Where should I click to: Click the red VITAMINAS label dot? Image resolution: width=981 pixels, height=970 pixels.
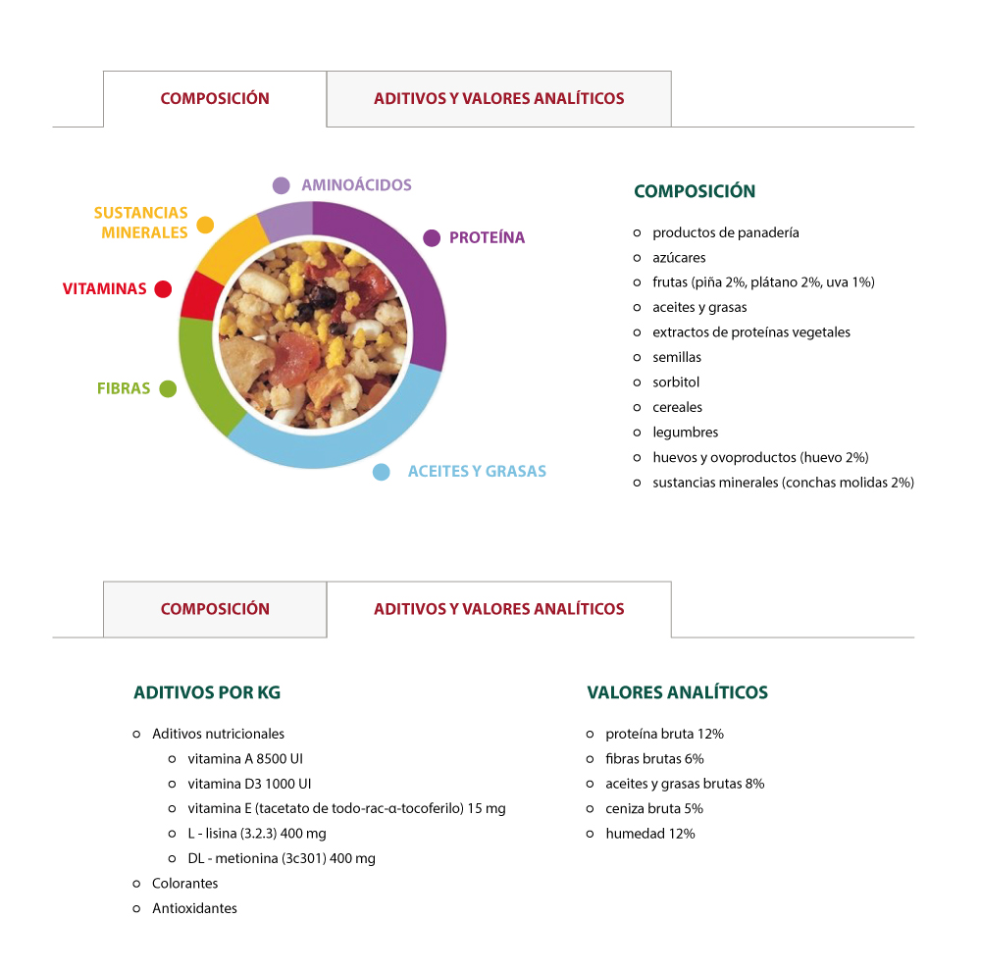[x=163, y=289]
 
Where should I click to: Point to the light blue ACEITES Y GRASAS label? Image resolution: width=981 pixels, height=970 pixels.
[x=477, y=471]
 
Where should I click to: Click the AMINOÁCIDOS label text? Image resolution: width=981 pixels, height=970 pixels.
[x=357, y=185]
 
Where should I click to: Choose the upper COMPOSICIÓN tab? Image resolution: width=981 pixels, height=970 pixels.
[x=215, y=99]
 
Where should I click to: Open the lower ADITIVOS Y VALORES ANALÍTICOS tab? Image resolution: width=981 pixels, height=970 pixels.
[x=498, y=609]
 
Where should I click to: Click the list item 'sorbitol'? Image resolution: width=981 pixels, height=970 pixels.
[x=676, y=383]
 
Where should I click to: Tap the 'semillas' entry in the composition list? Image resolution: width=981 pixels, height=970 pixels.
[x=677, y=357]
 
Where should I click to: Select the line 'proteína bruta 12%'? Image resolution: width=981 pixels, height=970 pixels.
[x=664, y=734]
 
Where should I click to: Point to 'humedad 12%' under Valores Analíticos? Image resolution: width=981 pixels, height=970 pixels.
[x=650, y=834]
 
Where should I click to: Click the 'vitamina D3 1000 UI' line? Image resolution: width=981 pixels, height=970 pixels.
[x=249, y=784]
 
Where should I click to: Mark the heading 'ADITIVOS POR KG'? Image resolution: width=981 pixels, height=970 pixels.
[x=207, y=692]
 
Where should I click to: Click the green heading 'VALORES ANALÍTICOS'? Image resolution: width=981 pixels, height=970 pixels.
[x=677, y=692]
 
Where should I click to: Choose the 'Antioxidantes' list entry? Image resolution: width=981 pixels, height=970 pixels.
[x=194, y=908]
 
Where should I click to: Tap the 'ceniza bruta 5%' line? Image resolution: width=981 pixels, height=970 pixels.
[x=653, y=808]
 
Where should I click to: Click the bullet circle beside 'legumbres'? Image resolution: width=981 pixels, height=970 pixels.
[x=637, y=433]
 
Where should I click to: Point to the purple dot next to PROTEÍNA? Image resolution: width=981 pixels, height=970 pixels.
[x=432, y=237]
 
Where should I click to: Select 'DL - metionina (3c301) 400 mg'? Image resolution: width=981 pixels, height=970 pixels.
[x=282, y=858]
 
